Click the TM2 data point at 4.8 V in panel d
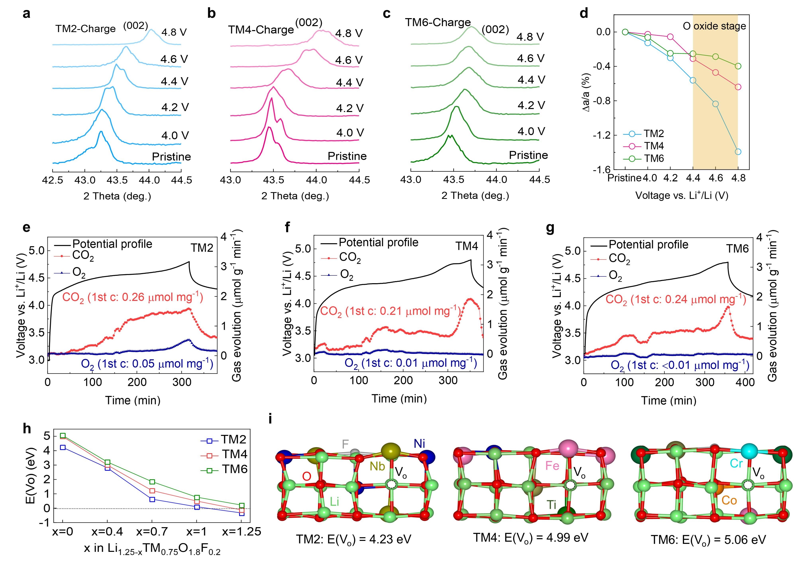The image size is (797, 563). coord(738,152)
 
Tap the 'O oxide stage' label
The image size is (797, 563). coord(714,26)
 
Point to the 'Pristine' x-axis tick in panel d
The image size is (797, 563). coord(624,178)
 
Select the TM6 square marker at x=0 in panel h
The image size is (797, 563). coord(63,436)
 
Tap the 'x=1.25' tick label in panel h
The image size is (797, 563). coord(242,532)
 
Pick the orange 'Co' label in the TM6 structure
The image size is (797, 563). coord(729,500)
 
